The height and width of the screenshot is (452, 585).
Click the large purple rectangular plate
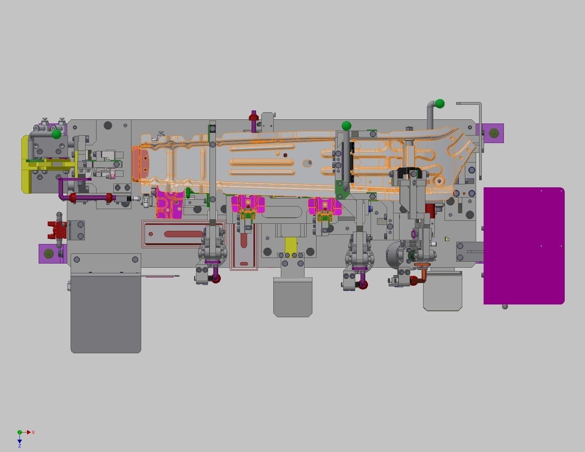[x=524, y=246]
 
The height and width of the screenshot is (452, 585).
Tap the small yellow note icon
[x=447, y=239]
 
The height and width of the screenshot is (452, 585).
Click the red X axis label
[x=33, y=432]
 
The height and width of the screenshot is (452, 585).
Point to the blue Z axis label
[x=20, y=446]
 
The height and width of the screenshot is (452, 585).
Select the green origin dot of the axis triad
[x=20, y=432]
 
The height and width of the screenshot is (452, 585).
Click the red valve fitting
[x=57, y=229]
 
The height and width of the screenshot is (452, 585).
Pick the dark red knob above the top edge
[x=254, y=117]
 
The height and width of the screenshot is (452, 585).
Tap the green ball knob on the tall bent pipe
[x=440, y=103]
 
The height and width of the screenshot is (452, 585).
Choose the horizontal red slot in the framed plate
[x=183, y=234]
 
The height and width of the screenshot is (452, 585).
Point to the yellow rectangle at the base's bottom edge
[x=291, y=245]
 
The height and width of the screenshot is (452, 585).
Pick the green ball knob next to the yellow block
[x=56, y=134]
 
